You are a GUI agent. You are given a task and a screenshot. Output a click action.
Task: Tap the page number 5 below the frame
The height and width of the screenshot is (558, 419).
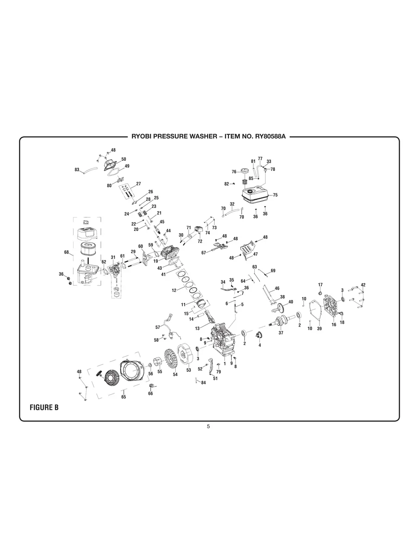pyautogui.click(x=208, y=426)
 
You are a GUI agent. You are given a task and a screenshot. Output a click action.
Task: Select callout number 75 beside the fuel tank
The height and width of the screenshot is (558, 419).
pyautogui.click(x=275, y=195)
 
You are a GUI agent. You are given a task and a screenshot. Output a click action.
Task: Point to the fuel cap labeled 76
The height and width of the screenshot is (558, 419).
pyautogui.click(x=243, y=172)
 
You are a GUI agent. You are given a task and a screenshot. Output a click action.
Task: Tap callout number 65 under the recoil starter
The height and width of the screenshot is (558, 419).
pyautogui.click(x=123, y=397)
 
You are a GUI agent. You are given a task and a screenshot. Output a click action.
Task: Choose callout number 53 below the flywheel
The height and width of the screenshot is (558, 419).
pyautogui.click(x=189, y=370)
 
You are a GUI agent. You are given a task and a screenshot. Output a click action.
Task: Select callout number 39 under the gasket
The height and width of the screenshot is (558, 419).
pyautogui.click(x=319, y=328)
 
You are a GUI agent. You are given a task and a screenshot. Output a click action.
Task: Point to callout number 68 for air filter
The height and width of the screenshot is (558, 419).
pyautogui.click(x=67, y=252)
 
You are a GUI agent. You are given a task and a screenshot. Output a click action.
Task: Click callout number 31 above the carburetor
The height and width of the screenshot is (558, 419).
pyautogui.click(x=113, y=257)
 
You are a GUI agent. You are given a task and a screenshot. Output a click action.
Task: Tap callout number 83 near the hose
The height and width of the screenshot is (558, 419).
pyautogui.click(x=77, y=170)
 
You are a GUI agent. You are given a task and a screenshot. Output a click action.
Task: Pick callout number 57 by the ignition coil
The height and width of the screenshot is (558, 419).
pyautogui.click(x=158, y=327)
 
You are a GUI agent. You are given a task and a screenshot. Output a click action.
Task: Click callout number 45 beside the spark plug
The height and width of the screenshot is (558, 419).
pyautogui.click(x=162, y=222)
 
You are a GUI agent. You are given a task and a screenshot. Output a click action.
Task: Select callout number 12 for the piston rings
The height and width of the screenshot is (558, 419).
pyautogui.click(x=174, y=291)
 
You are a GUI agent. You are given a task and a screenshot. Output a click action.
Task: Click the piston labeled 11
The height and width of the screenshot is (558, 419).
pyautogui.click(x=201, y=304)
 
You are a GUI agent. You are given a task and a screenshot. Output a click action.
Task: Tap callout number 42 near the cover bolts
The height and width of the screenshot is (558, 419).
pyautogui.click(x=363, y=285)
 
